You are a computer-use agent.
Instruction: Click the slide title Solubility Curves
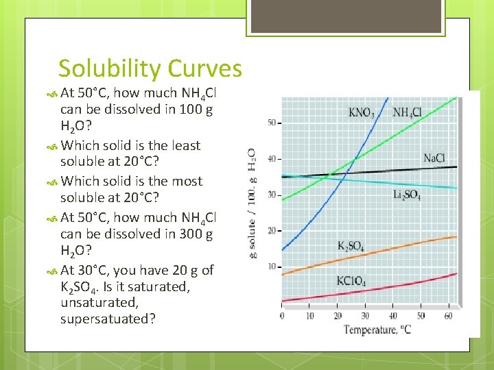(x=150, y=69)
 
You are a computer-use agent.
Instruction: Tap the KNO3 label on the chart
(x=362, y=113)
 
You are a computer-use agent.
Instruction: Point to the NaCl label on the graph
(x=434, y=159)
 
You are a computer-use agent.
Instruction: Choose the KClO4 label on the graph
(x=351, y=281)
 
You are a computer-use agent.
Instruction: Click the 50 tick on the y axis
(x=271, y=123)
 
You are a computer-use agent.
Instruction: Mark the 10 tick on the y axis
(x=271, y=266)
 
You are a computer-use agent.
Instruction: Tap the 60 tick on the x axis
(x=447, y=316)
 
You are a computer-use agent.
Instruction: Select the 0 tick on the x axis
(x=282, y=316)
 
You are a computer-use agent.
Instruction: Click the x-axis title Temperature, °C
(x=378, y=330)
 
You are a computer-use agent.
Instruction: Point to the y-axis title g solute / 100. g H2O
(x=251, y=203)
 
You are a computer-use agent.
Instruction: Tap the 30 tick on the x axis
(x=364, y=316)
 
